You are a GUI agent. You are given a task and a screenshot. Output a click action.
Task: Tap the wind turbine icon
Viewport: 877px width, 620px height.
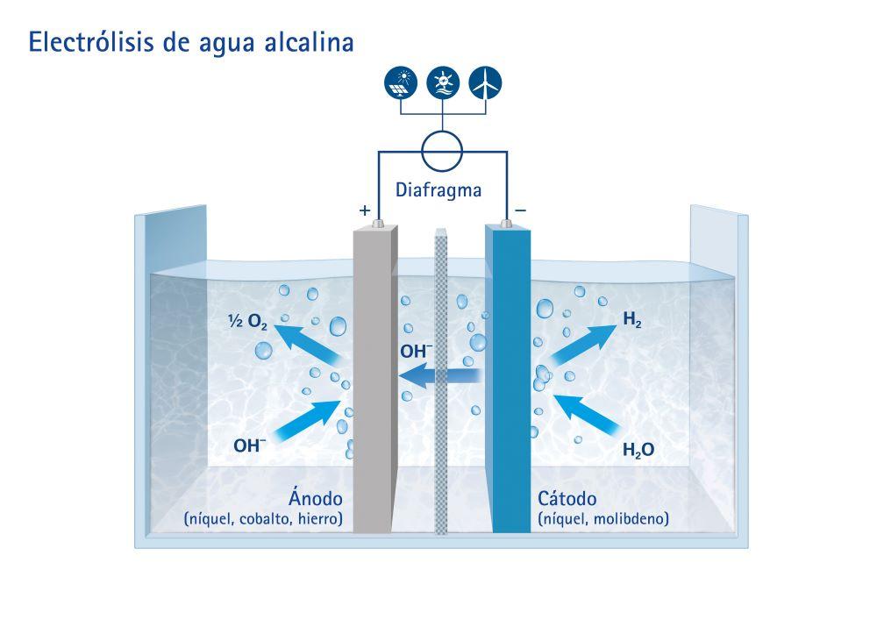[485, 82]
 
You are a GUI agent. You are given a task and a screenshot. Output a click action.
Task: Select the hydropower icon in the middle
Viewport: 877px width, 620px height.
[443, 82]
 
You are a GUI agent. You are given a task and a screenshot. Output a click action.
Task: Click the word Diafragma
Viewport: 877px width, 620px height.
[438, 189]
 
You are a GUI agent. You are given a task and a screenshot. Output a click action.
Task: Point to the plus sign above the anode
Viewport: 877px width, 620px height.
[365, 211]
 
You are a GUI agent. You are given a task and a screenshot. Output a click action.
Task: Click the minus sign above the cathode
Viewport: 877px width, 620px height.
[520, 210]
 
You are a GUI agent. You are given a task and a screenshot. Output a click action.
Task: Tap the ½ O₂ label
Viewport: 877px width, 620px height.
[247, 322]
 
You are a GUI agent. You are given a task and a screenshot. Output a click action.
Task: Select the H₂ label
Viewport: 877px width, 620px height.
[631, 321]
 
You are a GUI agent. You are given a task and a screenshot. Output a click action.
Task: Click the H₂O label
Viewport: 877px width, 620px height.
[638, 452]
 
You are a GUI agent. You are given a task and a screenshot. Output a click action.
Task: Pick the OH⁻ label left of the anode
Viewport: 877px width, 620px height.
[250, 445]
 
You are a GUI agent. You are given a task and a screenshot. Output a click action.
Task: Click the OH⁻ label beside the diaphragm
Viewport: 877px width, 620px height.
[417, 352]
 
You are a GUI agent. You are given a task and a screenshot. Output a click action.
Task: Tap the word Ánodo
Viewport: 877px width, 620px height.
[315, 499]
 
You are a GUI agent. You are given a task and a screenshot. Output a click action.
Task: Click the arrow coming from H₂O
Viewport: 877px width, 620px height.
[587, 417]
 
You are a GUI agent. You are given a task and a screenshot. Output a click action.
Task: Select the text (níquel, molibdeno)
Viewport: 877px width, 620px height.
[603, 519]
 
